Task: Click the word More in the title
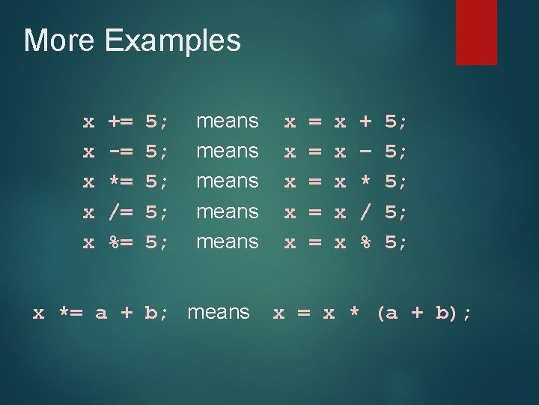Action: pyautogui.click(x=59, y=40)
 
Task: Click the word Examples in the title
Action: pyautogui.click(x=173, y=41)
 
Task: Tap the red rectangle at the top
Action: pyautogui.click(x=466, y=31)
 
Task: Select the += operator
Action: pyautogui.click(x=121, y=121)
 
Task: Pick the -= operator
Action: pyautogui.click(x=121, y=151)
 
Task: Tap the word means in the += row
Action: pyautogui.click(x=227, y=121)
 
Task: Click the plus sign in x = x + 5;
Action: pyautogui.click(x=366, y=121)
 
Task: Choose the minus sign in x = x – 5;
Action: pyautogui.click(x=366, y=151)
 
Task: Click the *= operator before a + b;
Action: pyautogui.click(x=71, y=313)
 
